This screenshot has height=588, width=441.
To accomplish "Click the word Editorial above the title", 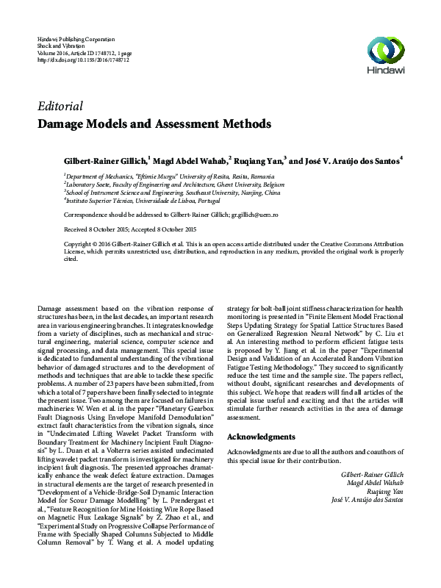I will [60, 106].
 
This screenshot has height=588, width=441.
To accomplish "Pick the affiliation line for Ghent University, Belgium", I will [173, 184].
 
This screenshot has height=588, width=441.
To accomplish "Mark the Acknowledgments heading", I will [261, 437].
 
